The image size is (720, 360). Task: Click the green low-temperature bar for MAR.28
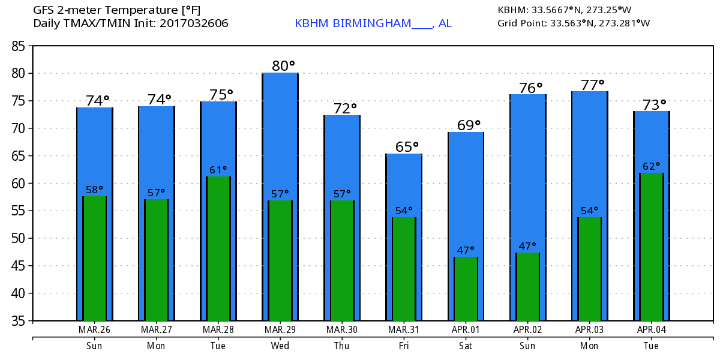point(218,248)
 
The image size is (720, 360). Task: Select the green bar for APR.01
point(466,289)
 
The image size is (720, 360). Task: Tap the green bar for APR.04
point(652,247)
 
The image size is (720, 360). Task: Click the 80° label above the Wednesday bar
point(284,65)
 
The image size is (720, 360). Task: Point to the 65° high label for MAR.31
point(407,147)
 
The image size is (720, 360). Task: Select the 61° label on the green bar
point(219,170)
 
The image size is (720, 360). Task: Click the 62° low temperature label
point(651,166)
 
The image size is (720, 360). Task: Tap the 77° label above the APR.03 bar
point(592,85)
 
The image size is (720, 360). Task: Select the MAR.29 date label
point(280,329)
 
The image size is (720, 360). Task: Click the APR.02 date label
point(527,329)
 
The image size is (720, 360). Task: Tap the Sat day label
point(466,346)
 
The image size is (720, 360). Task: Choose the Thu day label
point(342,346)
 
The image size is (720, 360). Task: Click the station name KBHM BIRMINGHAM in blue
point(353,23)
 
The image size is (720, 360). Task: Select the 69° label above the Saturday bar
point(469,125)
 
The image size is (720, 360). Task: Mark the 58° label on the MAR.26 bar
point(95,190)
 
